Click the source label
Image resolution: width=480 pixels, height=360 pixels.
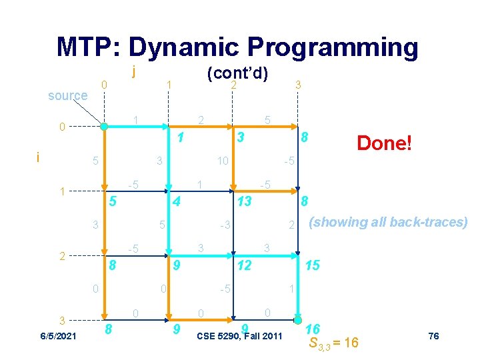click(x=67, y=95)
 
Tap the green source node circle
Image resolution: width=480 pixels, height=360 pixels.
click(x=103, y=126)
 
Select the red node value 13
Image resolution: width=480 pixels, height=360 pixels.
click(x=245, y=201)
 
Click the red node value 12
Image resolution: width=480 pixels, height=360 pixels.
click(x=245, y=265)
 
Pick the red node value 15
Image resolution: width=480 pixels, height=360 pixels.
click(x=312, y=265)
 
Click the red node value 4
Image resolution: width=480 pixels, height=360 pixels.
click(x=175, y=201)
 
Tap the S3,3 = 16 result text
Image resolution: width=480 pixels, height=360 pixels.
click(x=333, y=343)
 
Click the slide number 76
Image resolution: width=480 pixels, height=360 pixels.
click(x=433, y=336)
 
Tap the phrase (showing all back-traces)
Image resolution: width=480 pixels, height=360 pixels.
click(x=387, y=222)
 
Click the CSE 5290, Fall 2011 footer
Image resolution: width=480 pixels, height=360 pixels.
click(x=240, y=335)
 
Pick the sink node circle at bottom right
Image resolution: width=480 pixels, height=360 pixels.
click(x=298, y=319)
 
